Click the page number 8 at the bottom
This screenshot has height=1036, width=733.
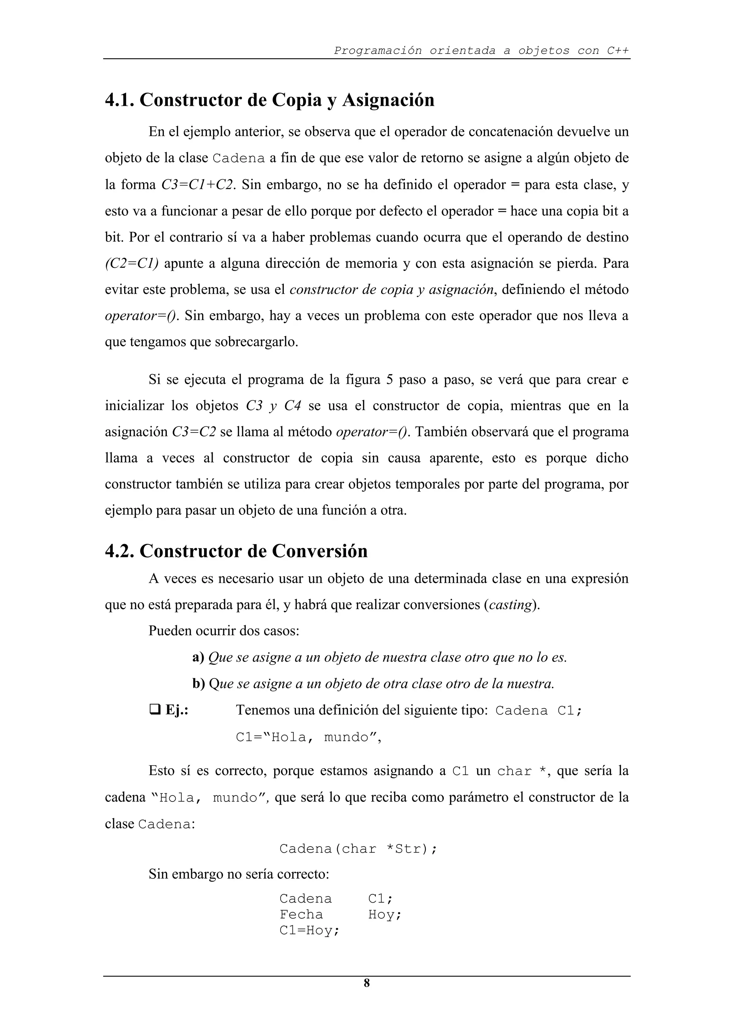click(366, 983)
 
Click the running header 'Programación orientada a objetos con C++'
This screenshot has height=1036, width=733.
click(481, 50)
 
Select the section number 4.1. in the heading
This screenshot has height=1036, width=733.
click(120, 100)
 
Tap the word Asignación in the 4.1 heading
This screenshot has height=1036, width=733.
click(388, 100)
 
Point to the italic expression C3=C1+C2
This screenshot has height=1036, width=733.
click(198, 185)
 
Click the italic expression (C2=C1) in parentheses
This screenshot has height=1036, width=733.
click(131, 263)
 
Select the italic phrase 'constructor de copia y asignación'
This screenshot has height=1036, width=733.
click(392, 290)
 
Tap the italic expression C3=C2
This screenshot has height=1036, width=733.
click(194, 432)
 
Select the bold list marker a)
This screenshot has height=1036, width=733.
click(198, 657)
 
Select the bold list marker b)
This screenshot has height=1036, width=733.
click(199, 684)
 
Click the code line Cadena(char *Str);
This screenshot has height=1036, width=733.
click(358, 849)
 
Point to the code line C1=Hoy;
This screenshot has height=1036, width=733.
click(309, 931)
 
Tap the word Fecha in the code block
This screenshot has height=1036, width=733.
click(301, 914)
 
